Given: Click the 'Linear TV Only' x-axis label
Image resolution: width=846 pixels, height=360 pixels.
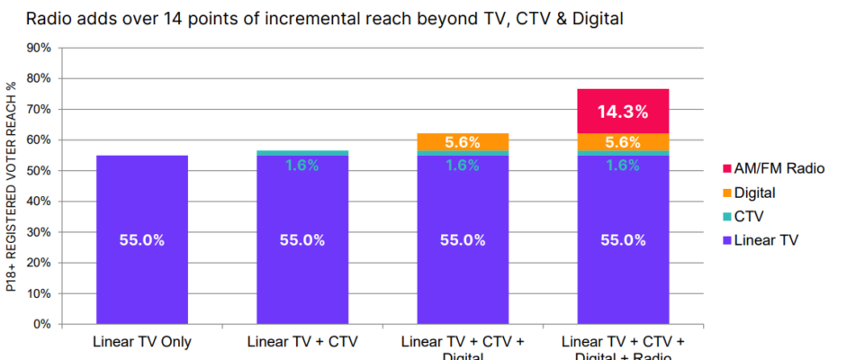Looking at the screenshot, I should pyautogui.click(x=141, y=342).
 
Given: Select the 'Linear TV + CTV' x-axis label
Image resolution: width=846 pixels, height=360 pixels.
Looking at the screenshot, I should pyautogui.click(x=301, y=342).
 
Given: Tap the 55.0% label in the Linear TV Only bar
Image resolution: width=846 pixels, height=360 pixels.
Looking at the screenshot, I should pyautogui.click(x=141, y=240).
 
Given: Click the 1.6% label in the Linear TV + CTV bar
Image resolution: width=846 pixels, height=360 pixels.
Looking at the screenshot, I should pyautogui.click(x=301, y=165).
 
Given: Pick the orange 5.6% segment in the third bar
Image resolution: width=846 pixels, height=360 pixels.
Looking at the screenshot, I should pyautogui.click(x=463, y=142).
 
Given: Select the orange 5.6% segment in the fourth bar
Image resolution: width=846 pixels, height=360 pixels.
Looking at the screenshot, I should pyautogui.click(x=623, y=142).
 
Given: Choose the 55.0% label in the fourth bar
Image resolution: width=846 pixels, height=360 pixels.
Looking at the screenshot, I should pyautogui.click(x=623, y=240).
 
